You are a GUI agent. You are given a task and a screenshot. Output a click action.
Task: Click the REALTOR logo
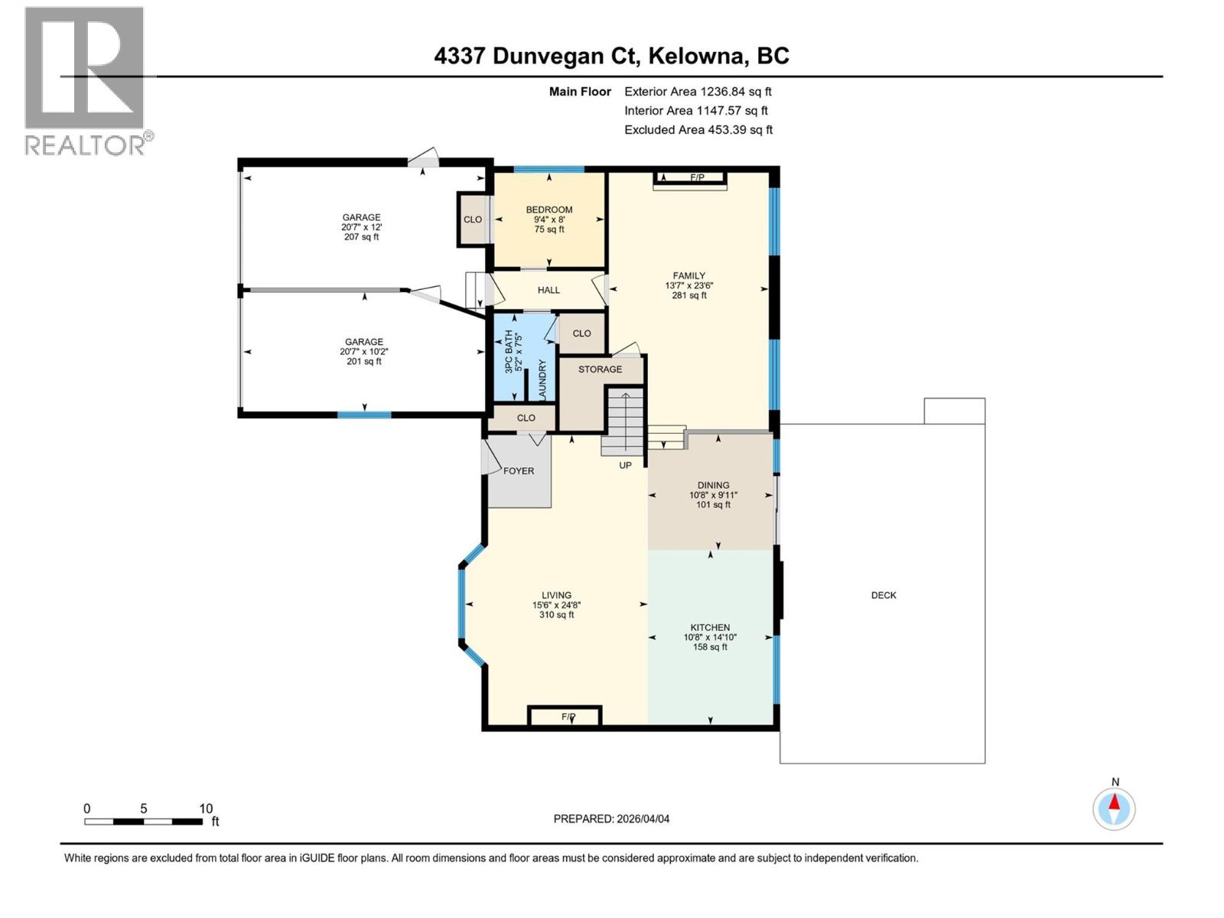[x=85, y=80]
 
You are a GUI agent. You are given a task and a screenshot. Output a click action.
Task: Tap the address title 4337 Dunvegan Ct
[x=611, y=56]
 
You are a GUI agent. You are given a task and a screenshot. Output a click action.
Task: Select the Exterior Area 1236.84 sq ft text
[x=698, y=92]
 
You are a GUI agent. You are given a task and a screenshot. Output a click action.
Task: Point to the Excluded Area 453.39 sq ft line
[x=698, y=130]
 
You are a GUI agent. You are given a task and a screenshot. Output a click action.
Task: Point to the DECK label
[x=884, y=595]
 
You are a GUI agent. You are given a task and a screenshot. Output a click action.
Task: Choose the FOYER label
[x=519, y=471]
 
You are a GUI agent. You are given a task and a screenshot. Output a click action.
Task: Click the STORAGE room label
[x=600, y=369]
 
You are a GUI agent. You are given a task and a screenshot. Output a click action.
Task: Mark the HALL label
[x=549, y=290]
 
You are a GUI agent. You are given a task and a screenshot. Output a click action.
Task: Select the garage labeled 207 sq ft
[x=361, y=227]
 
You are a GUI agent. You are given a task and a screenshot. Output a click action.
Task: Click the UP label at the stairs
[x=625, y=465]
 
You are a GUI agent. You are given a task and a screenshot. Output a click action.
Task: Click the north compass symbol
[x=1115, y=808]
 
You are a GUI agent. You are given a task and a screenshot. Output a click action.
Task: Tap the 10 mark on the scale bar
[x=206, y=809]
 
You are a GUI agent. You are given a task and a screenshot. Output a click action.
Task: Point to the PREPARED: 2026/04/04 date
[x=611, y=819]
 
